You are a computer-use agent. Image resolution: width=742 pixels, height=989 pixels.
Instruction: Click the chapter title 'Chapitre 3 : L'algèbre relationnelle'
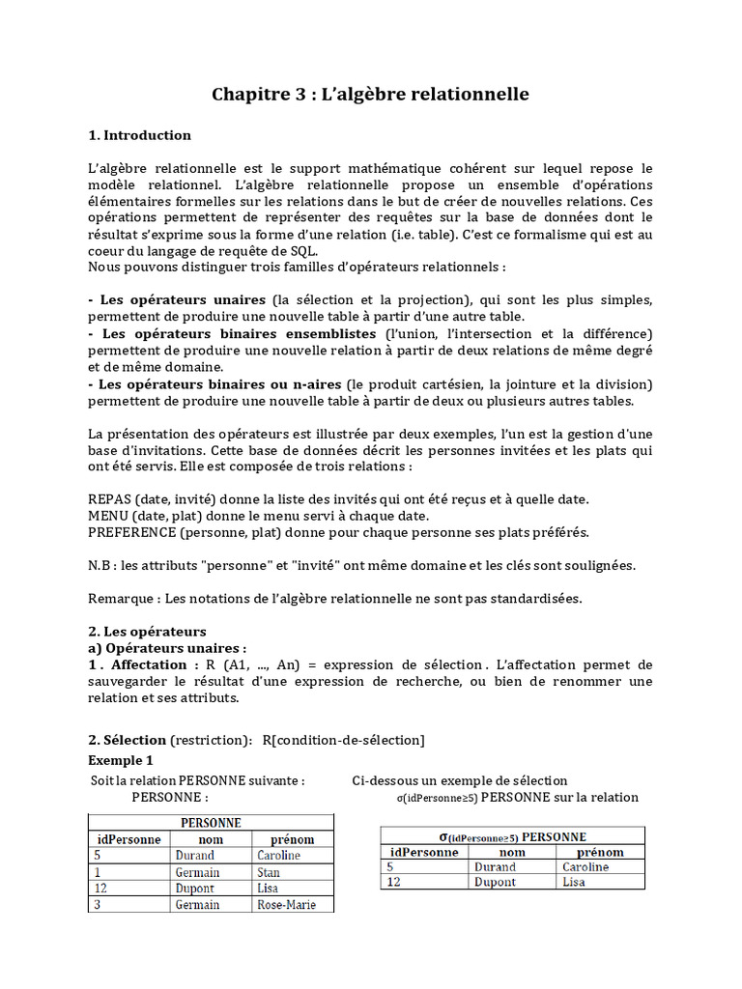(370, 95)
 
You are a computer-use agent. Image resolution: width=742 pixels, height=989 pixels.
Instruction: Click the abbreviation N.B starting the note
(100, 565)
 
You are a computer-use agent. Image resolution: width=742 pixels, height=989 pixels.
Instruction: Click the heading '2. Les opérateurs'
(147, 632)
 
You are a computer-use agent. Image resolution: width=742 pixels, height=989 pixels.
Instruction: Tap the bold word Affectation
(149, 664)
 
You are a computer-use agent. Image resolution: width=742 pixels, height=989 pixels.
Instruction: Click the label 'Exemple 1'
(121, 760)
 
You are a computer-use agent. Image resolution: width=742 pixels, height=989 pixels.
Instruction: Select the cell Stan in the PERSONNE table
(269, 872)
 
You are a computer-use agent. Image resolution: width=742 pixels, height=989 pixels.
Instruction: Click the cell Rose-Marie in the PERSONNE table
(285, 905)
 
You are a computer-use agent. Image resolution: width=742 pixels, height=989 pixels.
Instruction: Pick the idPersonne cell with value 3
(98, 905)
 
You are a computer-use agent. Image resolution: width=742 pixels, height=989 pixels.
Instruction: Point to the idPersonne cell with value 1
(97, 872)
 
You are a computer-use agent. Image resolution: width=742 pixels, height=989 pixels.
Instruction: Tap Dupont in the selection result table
(496, 882)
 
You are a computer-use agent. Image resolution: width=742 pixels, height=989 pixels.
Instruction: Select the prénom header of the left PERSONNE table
(292, 839)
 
